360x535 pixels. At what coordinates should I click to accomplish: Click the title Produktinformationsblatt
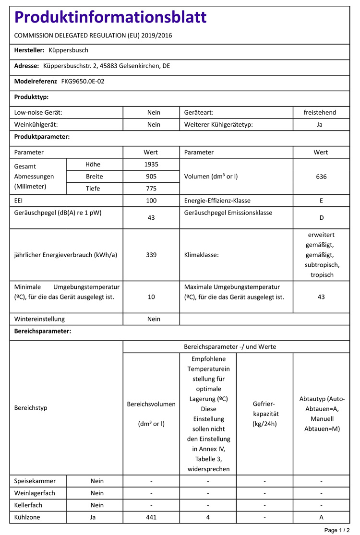[110, 18]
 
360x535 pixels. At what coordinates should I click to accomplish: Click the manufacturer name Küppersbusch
[69, 50]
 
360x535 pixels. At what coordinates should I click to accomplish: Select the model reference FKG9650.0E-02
[83, 82]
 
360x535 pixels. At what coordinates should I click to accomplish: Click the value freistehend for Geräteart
[320, 113]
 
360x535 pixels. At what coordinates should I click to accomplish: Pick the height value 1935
[151, 165]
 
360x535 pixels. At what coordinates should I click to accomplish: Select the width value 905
[151, 177]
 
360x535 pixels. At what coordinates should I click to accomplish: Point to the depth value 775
[151, 189]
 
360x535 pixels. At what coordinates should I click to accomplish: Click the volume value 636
[321, 177]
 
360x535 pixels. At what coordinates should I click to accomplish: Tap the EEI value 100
[151, 201]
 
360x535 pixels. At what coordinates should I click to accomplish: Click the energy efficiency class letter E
[321, 201]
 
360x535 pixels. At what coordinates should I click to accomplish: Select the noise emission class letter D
[321, 218]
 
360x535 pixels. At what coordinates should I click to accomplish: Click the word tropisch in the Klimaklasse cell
[322, 275]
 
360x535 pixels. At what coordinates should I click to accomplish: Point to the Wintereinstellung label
[39, 319]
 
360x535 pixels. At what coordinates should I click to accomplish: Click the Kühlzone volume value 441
[151, 517]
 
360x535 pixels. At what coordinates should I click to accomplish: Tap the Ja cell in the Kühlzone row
[94, 517]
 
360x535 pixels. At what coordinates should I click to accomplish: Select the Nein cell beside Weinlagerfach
[97, 493]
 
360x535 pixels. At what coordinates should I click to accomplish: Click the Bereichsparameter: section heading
[43, 332]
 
